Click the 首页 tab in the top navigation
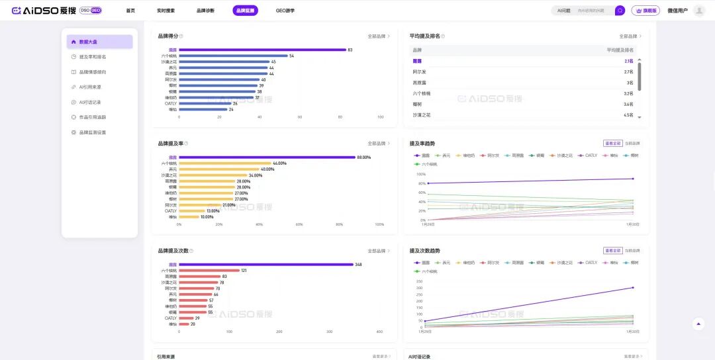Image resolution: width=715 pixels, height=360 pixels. [x=130, y=11]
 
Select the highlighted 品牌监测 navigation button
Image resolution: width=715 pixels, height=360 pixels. [x=245, y=11]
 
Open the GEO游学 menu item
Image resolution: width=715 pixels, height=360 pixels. [x=285, y=11]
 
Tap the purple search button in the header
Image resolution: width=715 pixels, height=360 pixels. [x=620, y=11]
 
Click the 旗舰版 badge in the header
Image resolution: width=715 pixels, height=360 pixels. [x=645, y=11]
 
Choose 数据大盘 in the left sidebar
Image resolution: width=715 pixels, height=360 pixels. [x=99, y=42]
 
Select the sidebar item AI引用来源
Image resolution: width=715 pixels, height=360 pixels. [x=89, y=87]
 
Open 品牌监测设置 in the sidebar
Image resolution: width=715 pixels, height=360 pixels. [x=92, y=132]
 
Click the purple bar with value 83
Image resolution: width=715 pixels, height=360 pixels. [x=262, y=50]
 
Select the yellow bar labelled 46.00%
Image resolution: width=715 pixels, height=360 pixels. [x=225, y=163]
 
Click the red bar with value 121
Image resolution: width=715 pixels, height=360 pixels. [x=209, y=271]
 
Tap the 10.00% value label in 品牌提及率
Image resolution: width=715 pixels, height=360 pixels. [x=207, y=216]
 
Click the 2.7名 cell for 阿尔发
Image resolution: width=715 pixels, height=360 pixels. [x=628, y=71]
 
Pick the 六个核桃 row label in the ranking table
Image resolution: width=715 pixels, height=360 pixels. [x=422, y=93]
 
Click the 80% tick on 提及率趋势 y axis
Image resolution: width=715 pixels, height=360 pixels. [x=421, y=183]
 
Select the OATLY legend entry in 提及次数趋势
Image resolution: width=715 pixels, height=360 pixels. [x=589, y=263]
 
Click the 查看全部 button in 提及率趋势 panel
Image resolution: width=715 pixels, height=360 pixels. [x=612, y=143]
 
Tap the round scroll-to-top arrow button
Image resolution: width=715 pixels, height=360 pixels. [x=698, y=324]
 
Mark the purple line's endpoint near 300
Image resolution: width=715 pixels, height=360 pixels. [x=633, y=287]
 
